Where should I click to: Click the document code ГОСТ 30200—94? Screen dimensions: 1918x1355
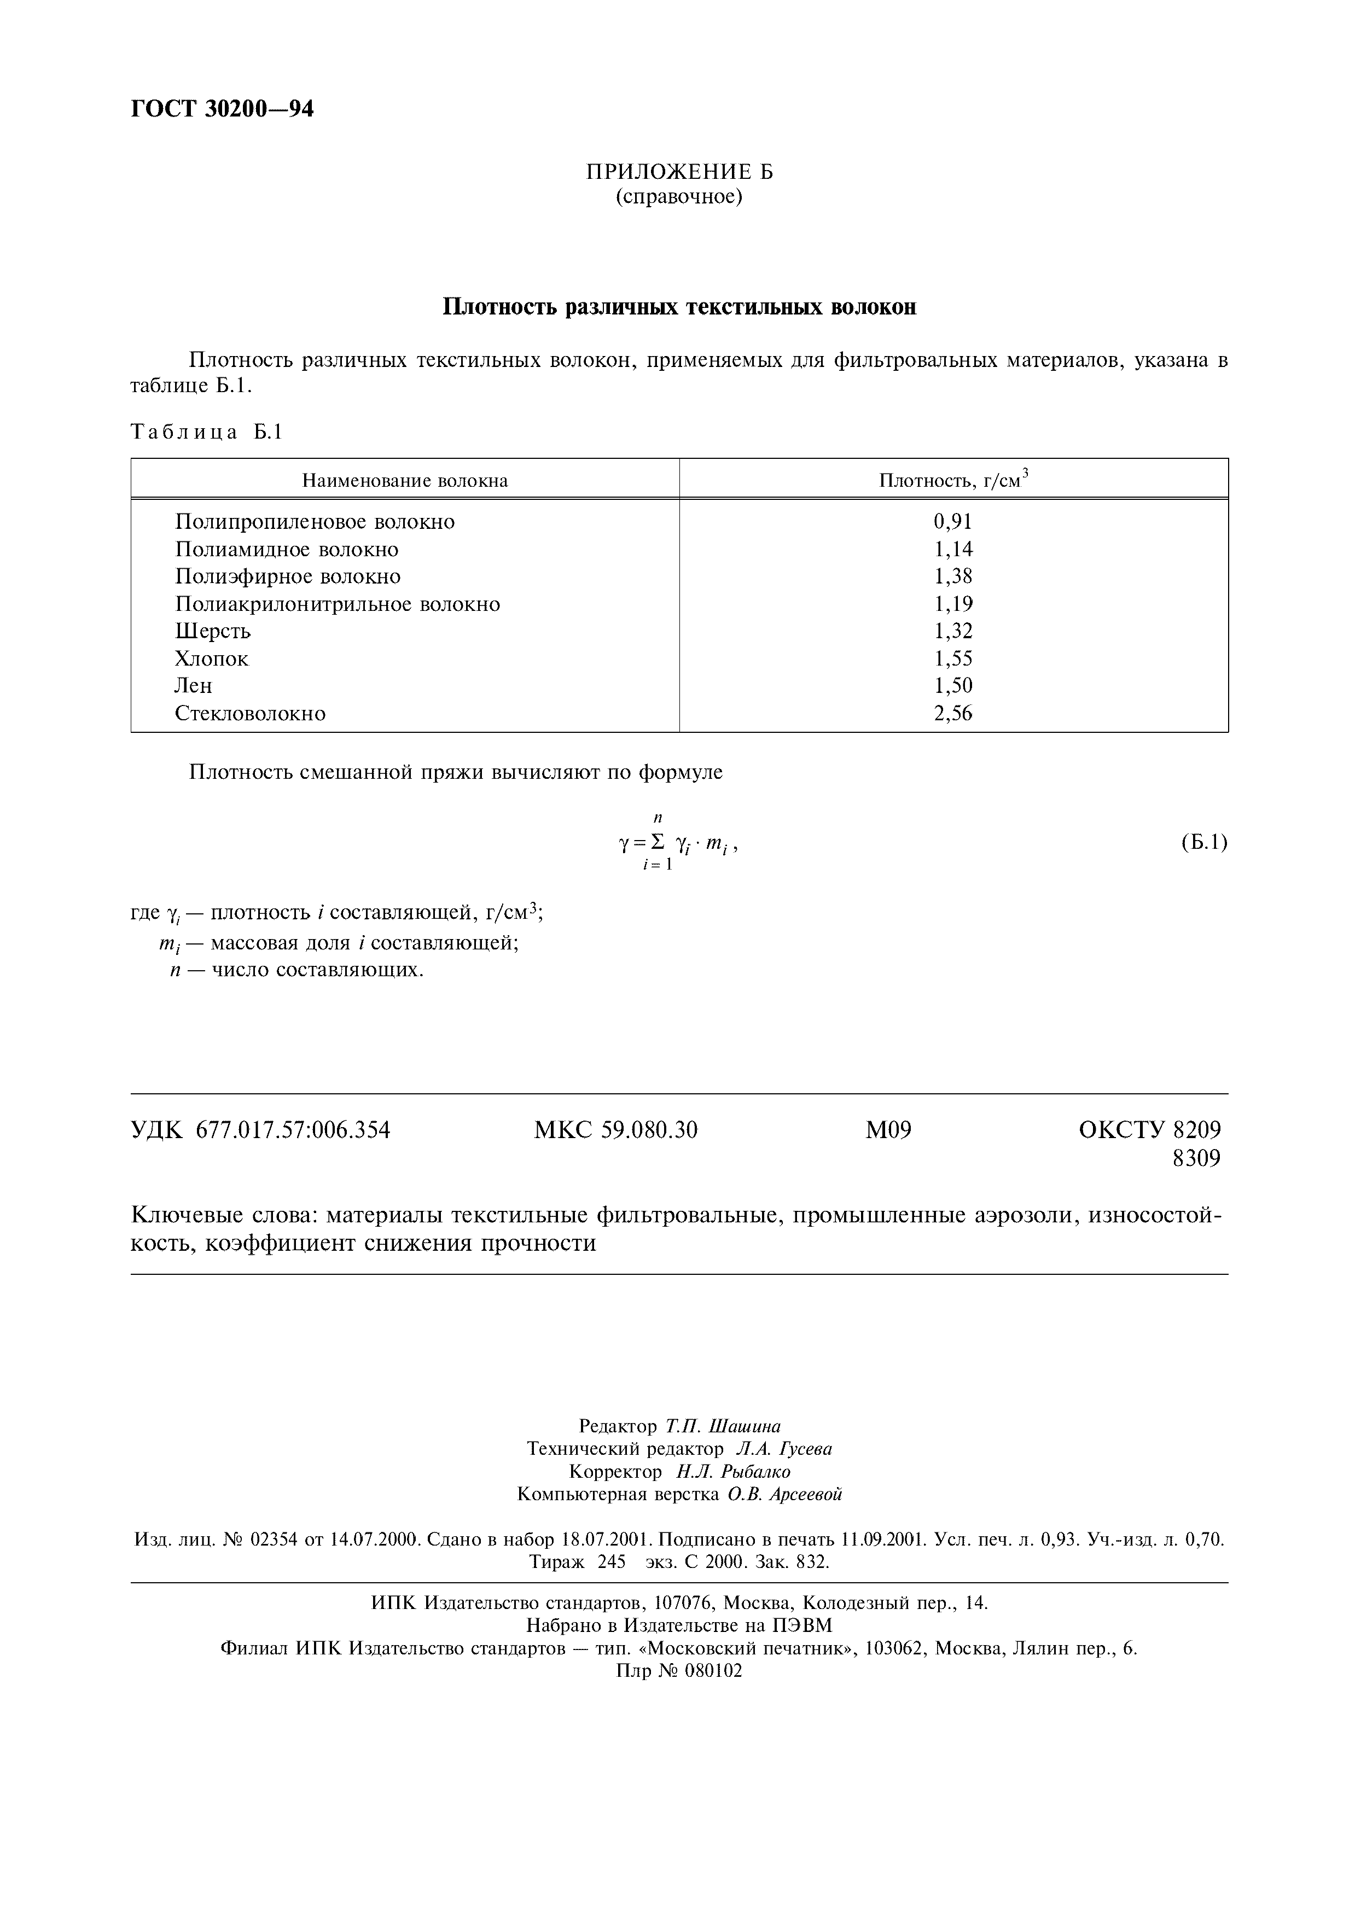point(222,109)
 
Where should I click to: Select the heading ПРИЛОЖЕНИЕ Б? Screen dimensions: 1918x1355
point(679,172)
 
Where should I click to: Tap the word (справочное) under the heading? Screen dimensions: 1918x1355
point(679,197)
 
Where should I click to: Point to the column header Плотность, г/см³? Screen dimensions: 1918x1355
point(953,480)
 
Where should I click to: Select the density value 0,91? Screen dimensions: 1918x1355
point(953,522)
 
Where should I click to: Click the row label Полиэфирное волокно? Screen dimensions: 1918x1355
point(287,576)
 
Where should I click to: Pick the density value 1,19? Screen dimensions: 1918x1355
point(953,604)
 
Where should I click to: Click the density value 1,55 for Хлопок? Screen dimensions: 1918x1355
point(953,658)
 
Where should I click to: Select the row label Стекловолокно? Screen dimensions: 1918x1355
point(250,713)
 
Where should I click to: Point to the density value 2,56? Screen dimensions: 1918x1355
point(953,713)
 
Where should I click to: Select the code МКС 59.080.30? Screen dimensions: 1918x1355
point(615,1130)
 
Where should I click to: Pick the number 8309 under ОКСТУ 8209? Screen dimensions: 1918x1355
point(1196,1159)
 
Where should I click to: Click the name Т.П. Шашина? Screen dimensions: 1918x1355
point(723,1426)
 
